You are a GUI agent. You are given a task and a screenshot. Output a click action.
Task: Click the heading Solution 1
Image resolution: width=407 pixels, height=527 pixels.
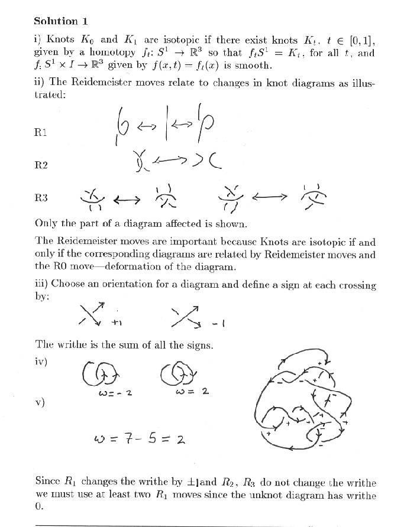pyautogui.click(x=61, y=21)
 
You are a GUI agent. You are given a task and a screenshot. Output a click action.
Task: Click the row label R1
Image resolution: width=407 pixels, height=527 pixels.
pyautogui.click(x=41, y=132)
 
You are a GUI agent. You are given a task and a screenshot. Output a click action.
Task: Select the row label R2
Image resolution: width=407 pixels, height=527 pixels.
pyautogui.click(x=41, y=165)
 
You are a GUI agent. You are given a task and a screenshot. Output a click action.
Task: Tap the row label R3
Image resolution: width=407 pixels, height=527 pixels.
pyautogui.click(x=41, y=198)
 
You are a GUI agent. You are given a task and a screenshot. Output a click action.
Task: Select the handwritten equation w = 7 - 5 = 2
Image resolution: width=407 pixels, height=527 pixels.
pyautogui.click(x=139, y=439)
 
